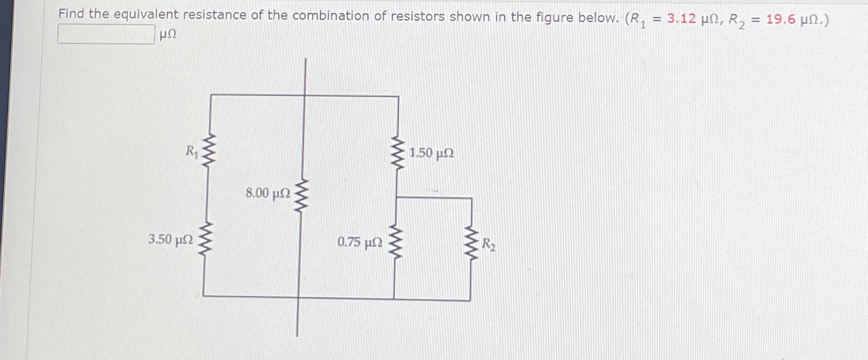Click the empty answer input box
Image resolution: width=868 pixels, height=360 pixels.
click(x=106, y=35)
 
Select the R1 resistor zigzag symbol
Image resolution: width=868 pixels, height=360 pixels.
click(x=209, y=152)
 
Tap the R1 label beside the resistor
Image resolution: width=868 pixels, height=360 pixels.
click(x=191, y=152)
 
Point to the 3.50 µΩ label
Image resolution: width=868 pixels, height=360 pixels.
click(x=169, y=240)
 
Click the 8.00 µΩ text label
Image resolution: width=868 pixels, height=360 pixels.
click(x=268, y=193)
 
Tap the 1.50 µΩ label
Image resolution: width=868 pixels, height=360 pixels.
click(x=431, y=153)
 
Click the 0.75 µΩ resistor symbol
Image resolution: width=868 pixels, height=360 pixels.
click(x=396, y=242)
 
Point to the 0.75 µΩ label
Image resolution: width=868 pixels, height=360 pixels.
click(x=360, y=243)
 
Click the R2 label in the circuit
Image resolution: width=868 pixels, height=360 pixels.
click(x=489, y=245)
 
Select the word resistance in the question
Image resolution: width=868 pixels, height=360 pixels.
click(x=217, y=16)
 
